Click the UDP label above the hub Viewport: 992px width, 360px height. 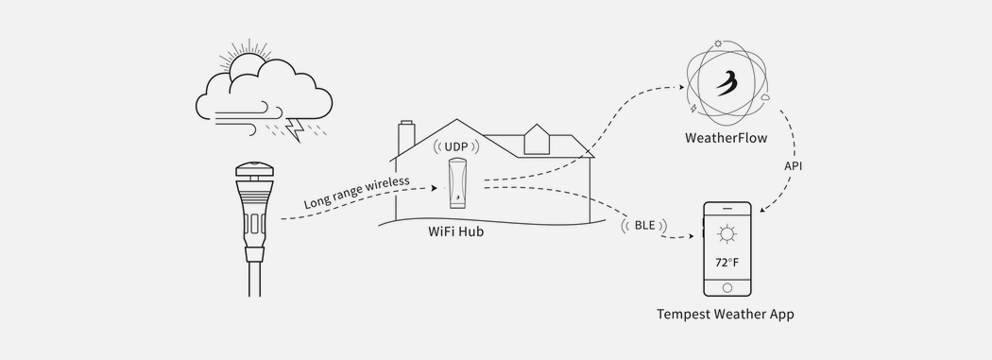pyautogui.click(x=456, y=146)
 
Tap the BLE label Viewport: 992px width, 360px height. pyautogui.click(x=644, y=225)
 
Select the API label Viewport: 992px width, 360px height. pyautogui.click(x=794, y=165)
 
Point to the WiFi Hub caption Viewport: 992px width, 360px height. pyautogui.click(x=456, y=232)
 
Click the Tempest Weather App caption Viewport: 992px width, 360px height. pyautogui.click(x=725, y=314)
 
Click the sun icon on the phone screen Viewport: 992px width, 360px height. pyautogui.click(x=727, y=235)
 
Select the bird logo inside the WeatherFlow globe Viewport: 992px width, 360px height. pyautogui.click(x=727, y=81)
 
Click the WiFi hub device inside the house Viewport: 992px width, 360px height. pyautogui.click(x=457, y=183)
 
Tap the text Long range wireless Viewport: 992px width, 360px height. pyautogui.click(x=356, y=192)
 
